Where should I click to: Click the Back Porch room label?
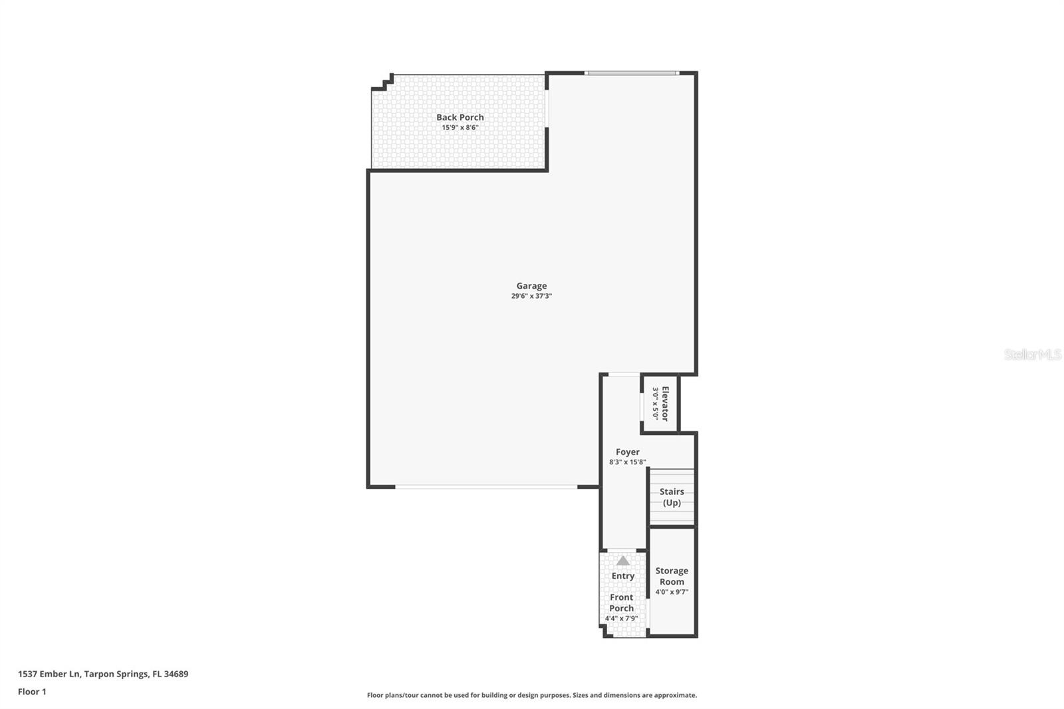(460, 117)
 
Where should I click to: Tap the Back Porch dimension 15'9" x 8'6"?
(460, 128)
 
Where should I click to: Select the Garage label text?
(531, 286)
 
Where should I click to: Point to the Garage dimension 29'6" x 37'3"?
(531, 296)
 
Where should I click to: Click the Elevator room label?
(665, 404)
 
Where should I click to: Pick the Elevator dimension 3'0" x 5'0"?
(655, 404)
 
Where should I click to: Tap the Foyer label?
(627, 452)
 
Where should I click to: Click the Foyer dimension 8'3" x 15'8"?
(627, 462)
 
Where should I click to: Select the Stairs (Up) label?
(672, 497)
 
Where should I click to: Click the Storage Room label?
(672, 576)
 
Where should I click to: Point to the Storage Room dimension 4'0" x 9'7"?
(672, 592)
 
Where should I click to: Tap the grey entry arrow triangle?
(622, 561)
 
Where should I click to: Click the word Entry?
(622, 576)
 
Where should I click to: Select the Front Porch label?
(622, 603)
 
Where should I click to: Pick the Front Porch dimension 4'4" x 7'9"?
(622, 619)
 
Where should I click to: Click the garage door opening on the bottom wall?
(486, 487)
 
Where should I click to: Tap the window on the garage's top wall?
(631, 72)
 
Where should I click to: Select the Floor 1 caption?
(32, 692)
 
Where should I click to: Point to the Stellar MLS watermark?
(1032, 354)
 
